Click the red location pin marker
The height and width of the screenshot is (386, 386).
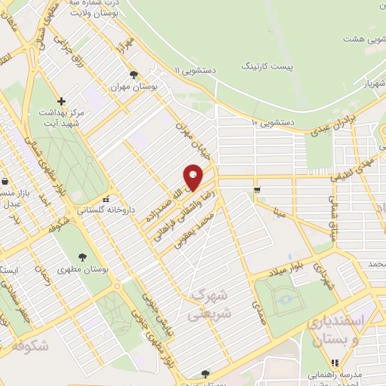click(x=193, y=176)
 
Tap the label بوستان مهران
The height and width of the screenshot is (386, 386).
click(x=133, y=87)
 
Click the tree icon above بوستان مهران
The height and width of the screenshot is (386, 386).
click(x=133, y=75)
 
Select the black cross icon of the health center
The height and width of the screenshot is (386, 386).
click(x=62, y=101)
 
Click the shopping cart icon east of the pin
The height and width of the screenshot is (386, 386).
click(x=257, y=189)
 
